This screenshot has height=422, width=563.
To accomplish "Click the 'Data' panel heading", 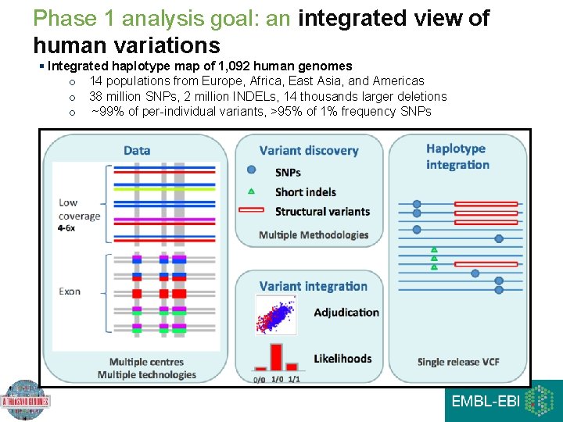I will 137,150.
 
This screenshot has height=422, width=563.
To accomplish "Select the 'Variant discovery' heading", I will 308,150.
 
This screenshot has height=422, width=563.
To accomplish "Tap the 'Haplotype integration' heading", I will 457,156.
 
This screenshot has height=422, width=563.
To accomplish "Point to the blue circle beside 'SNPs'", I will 251,170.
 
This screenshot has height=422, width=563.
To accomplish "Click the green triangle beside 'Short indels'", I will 251,191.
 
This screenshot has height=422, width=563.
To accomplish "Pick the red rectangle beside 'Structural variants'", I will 251,210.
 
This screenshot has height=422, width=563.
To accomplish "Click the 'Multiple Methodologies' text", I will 313,234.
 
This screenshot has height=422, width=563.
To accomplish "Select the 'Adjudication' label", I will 346,313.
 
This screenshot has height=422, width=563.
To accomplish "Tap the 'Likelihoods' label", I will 342,359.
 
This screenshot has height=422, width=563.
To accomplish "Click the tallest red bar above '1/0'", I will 275,356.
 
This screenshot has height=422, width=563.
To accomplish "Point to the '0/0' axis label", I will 259,379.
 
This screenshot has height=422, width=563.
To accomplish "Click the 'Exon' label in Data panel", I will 70,291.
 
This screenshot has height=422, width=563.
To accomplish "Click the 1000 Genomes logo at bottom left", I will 26,401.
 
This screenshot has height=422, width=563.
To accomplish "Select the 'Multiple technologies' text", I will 146,374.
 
